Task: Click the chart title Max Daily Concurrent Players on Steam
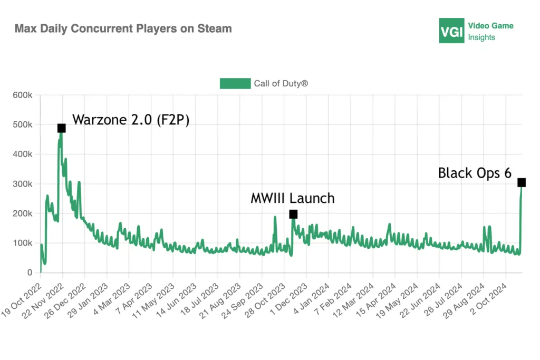coord(123,28)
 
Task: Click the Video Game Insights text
coord(490,31)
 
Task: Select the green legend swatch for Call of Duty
coord(235,83)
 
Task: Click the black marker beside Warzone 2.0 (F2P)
coord(61,128)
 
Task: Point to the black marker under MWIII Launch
coord(293,214)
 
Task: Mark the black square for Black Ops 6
coord(521,182)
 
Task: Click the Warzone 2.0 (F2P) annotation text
coord(131,120)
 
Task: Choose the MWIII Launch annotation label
coord(292,198)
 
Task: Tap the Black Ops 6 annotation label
coord(475,173)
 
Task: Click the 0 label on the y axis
coord(30,273)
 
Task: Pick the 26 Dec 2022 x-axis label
coord(66,299)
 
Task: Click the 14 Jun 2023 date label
coord(177,299)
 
